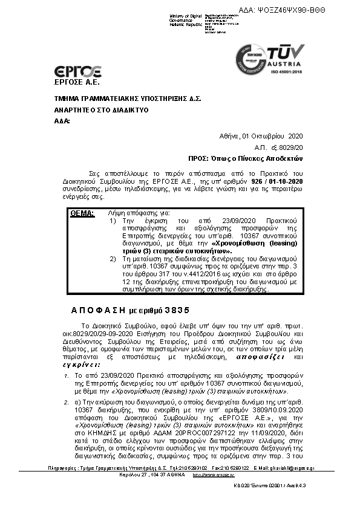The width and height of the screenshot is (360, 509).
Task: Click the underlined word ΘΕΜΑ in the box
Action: [82, 213]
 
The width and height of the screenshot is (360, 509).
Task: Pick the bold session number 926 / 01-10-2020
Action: [277, 181]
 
